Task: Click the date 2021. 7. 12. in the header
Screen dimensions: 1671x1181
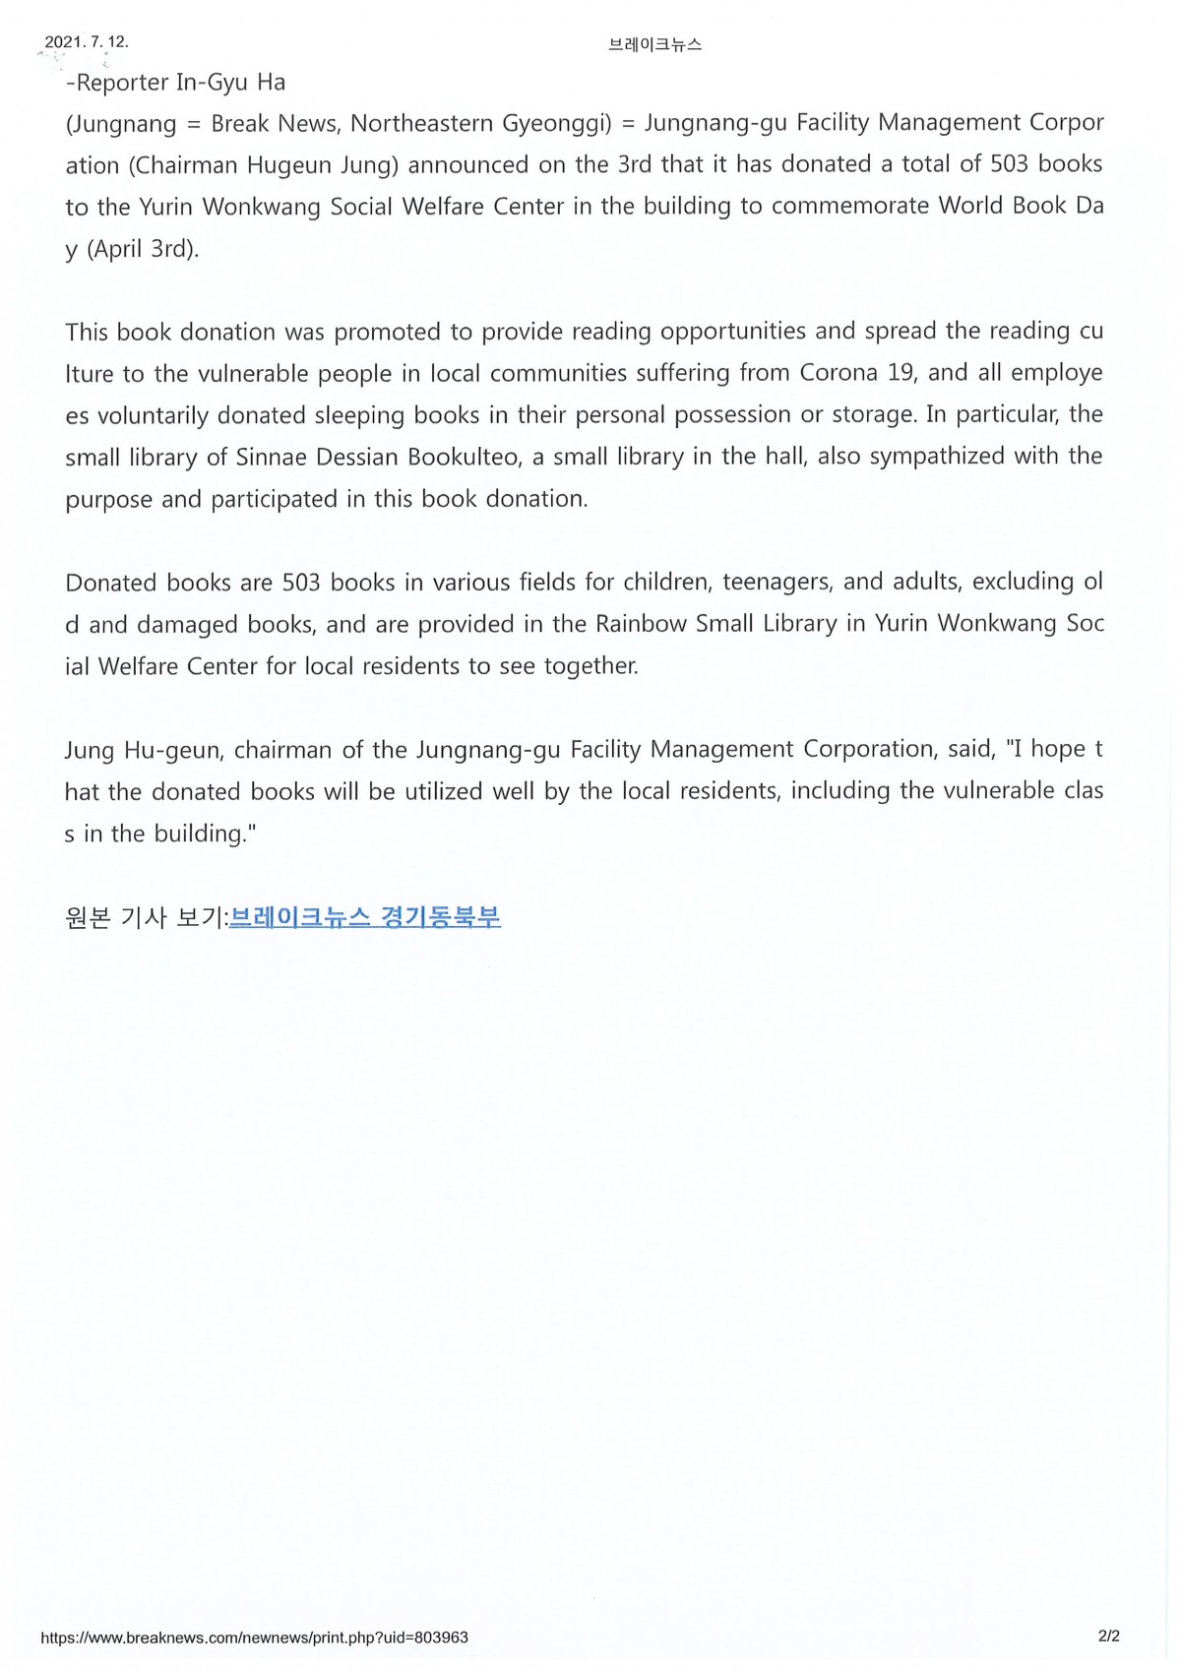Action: pyautogui.click(x=87, y=42)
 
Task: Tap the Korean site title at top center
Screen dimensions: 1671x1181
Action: pyautogui.click(x=654, y=44)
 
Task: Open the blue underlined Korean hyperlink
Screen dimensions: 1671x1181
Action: pyautogui.click(x=365, y=918)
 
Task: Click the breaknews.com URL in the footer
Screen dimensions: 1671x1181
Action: pyautogui.click(x=254, y=1638)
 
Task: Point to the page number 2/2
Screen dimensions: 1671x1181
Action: pyautogui.click(x=1109, y=1637)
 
